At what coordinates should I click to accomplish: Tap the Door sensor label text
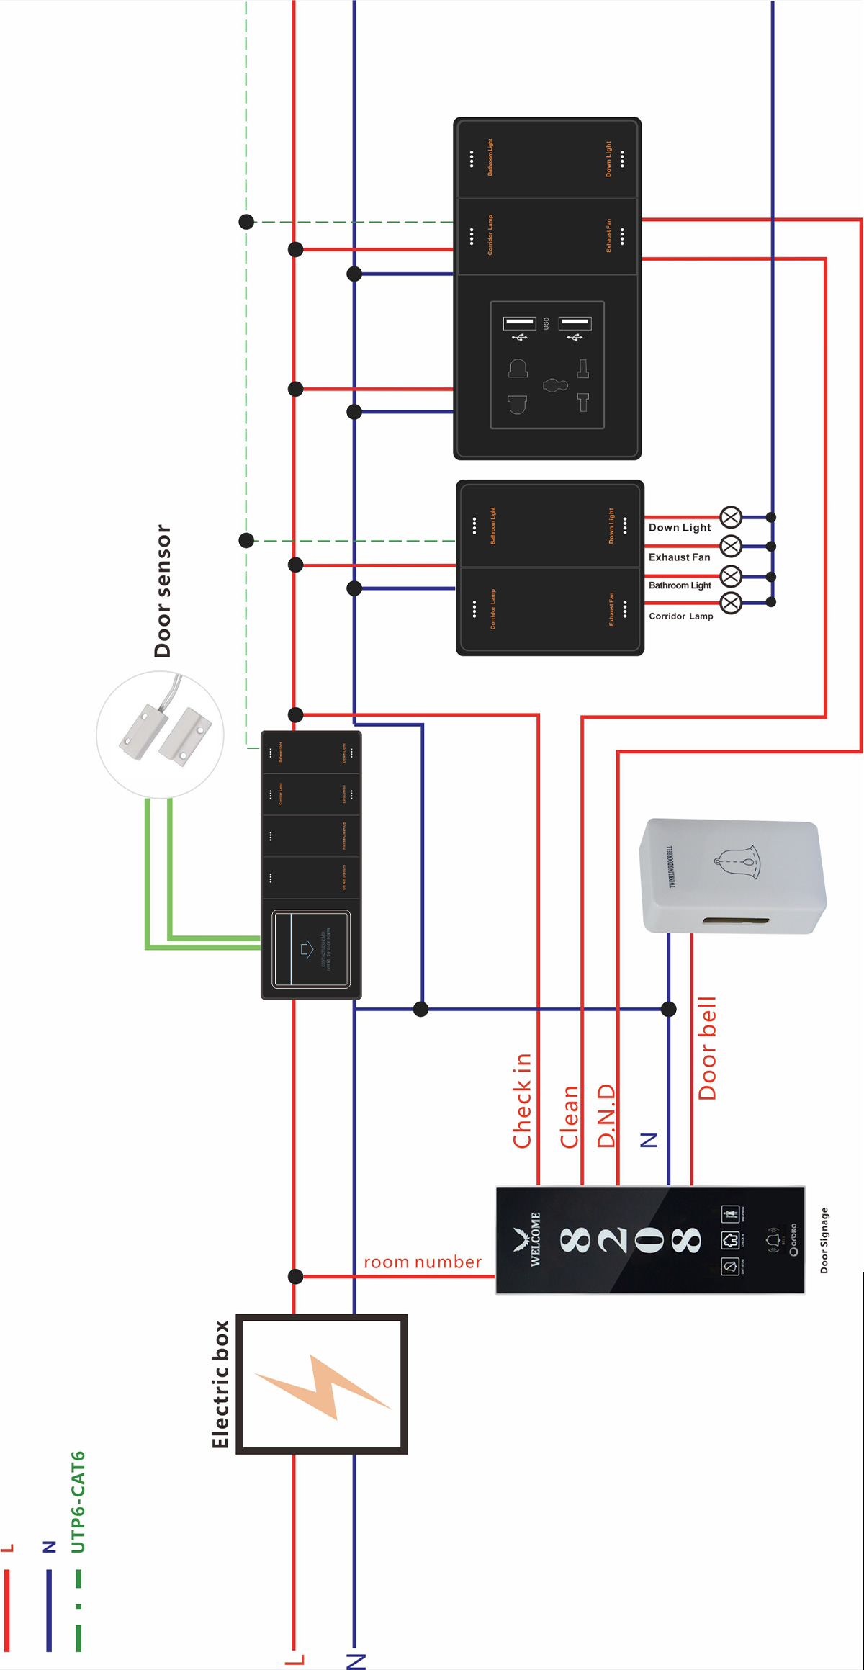(x=163, y=591)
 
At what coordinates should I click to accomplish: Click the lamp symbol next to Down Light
(x=731, y=517)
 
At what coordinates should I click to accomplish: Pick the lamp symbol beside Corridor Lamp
(x=731, y=603)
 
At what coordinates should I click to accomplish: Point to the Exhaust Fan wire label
(x=679, y=557)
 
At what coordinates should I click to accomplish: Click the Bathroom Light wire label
(x=680, y=585)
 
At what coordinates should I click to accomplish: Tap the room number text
(x=423, y=1262)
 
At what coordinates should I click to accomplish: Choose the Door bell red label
(x=708, y=1048)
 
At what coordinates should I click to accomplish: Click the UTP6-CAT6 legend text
(x=78, y=1501)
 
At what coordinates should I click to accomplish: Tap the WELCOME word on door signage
(x=536, y=1239)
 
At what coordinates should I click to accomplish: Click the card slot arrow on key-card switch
(x=307, y=948)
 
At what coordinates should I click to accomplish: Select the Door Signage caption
(x=824, y=1240)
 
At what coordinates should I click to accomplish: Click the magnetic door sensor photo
(x=161, y=734)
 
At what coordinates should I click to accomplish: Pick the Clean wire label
(x=570, y=1117)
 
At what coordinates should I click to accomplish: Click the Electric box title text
(x=220, y=1384)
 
